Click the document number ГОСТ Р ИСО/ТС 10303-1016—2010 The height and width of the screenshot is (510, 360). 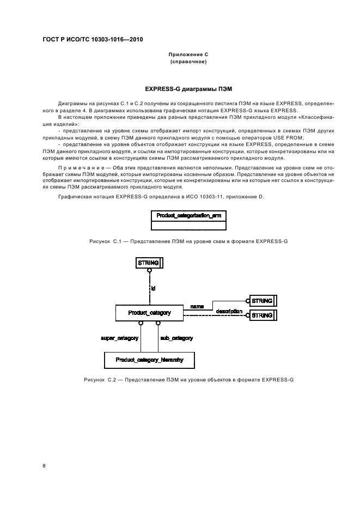coord(92,40)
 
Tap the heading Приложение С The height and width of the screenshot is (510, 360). coord(188,55)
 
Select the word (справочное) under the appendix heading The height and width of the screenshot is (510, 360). coord(188,62)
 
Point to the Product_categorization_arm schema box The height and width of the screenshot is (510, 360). coord(188,216)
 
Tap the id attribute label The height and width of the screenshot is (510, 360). coord(153,288)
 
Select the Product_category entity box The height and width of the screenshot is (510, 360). coord(149,313)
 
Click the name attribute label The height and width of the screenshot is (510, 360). coord(197,307)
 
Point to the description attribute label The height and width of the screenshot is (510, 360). coord(229,311)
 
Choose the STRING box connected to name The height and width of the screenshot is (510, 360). coord(262,301)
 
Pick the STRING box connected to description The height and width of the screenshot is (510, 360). coord(262,315)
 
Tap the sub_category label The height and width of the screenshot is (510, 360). coord(176,338)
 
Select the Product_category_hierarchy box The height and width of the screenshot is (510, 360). coord(149,360)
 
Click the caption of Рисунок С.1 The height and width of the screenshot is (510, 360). coord(188,240)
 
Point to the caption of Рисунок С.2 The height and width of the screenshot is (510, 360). coord(188,379)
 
